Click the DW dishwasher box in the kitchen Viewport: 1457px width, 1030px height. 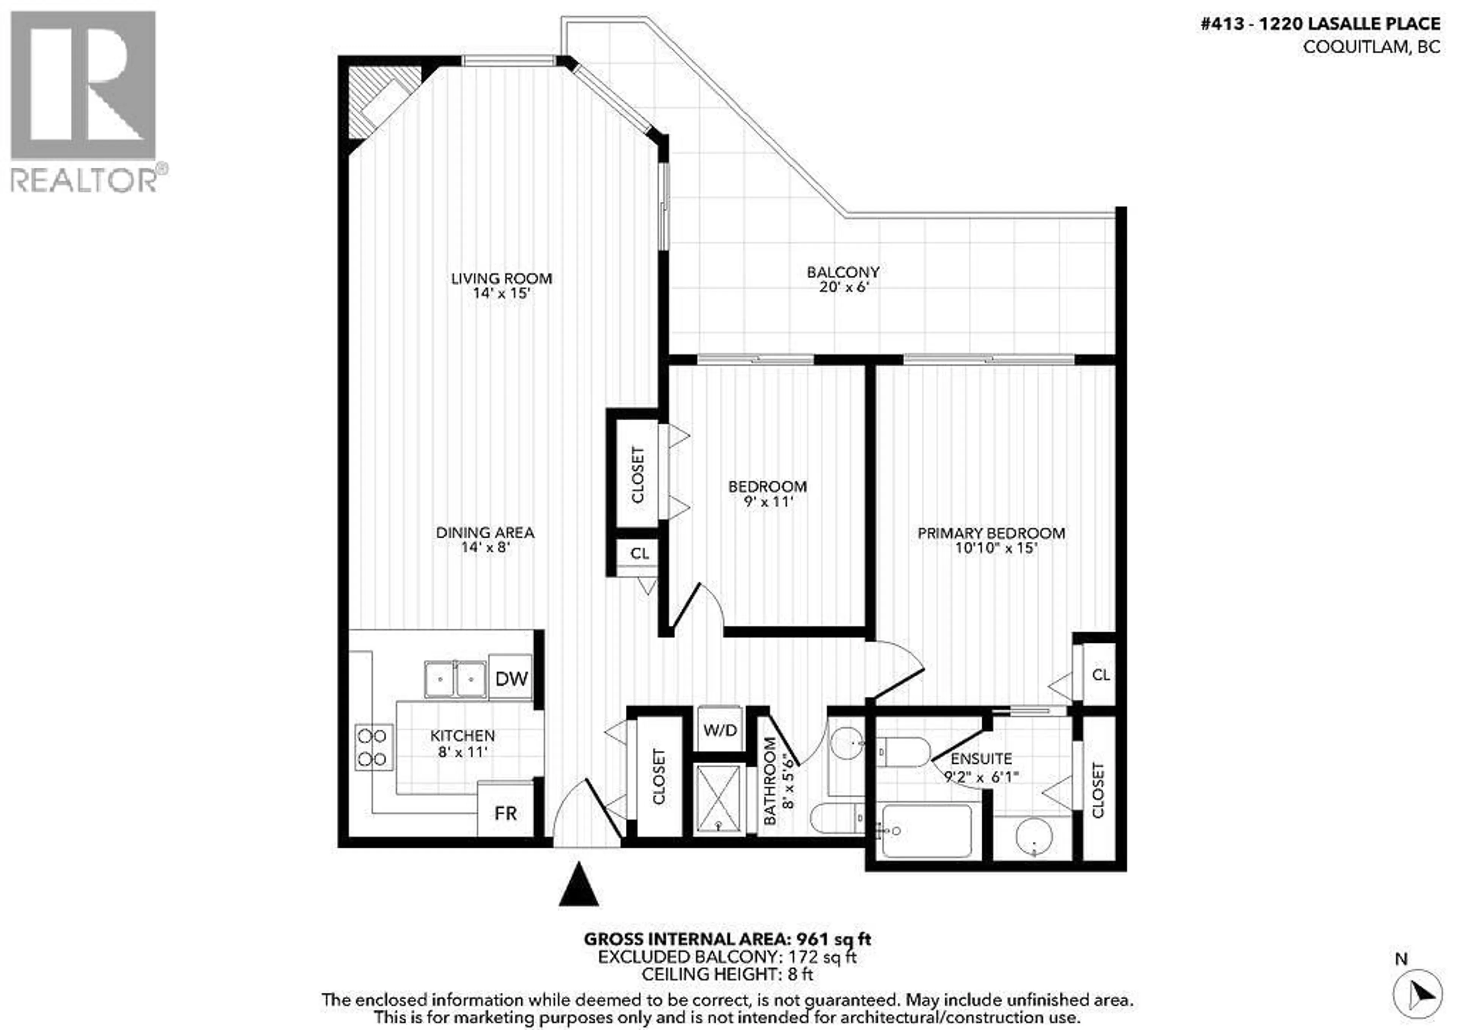511,678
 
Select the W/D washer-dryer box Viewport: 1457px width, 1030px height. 720,729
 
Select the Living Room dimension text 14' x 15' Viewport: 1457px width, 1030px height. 501,293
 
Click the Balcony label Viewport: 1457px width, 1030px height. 843,272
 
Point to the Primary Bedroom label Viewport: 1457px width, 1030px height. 991,533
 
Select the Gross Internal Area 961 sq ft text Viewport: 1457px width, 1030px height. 727,939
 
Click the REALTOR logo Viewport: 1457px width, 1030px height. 84,102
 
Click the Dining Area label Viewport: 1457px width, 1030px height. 485,533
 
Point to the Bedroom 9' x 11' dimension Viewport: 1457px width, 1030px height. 767,502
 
